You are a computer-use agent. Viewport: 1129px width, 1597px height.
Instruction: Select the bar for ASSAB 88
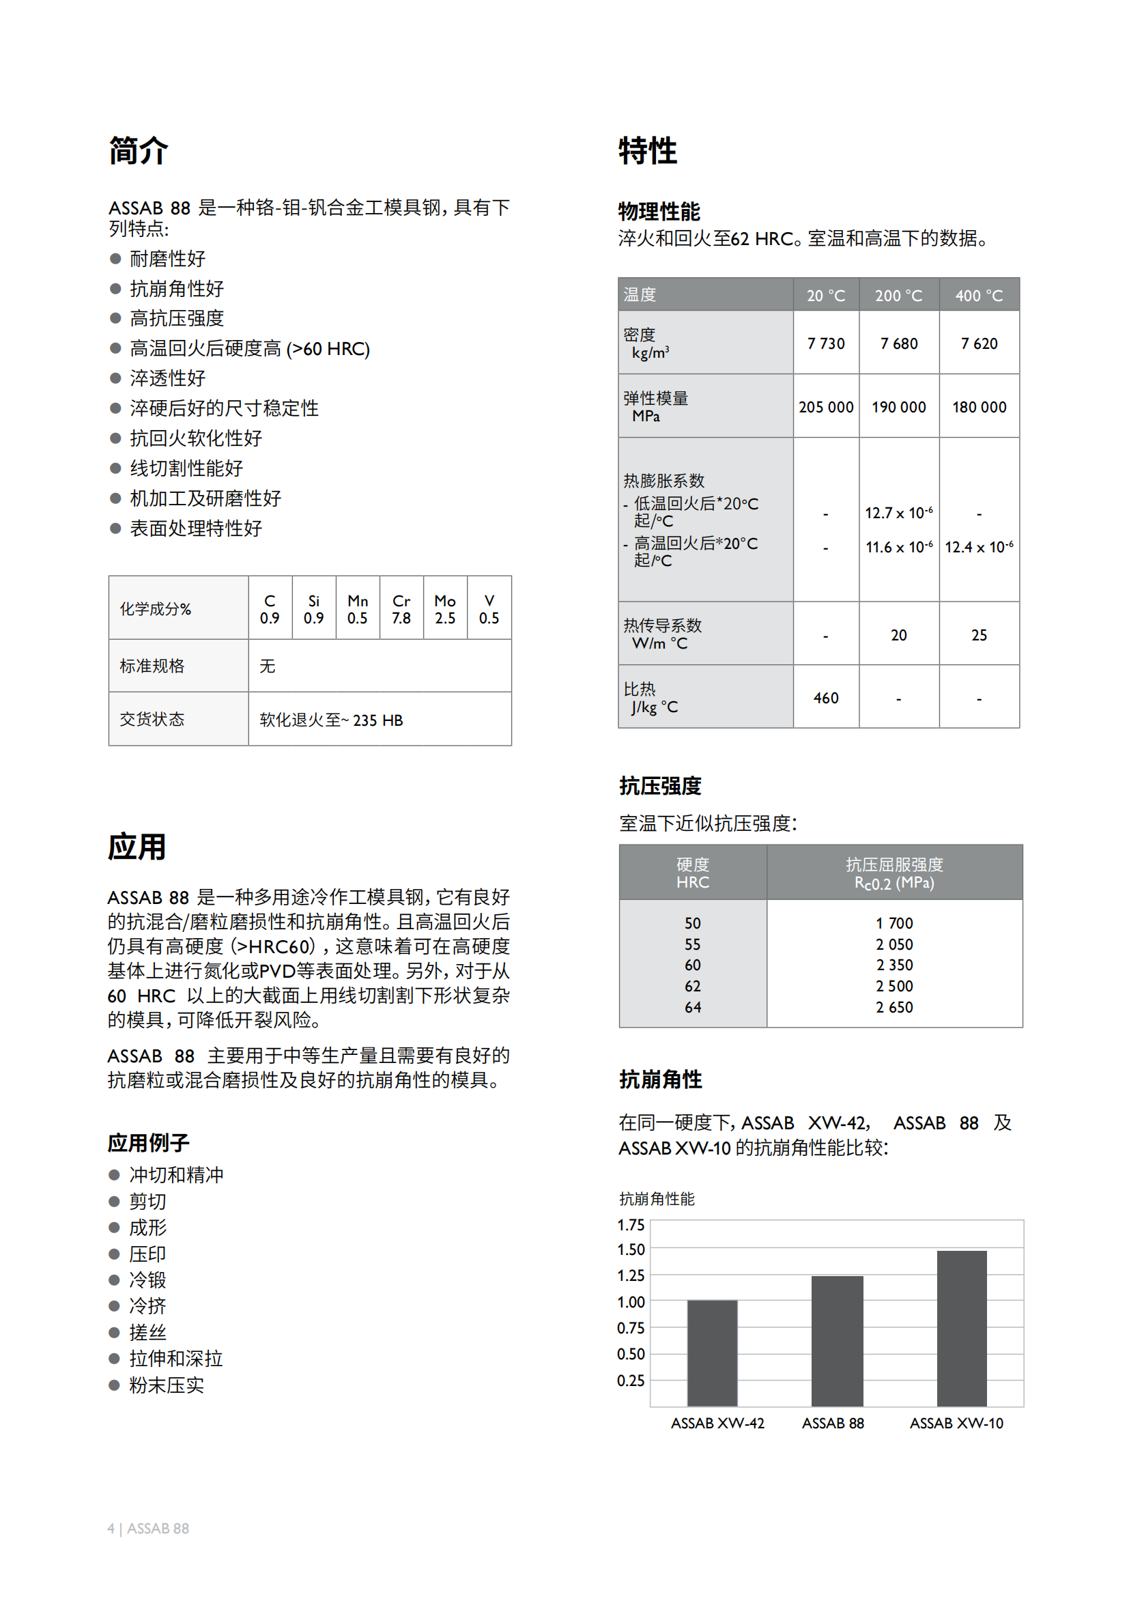pos(837,1340)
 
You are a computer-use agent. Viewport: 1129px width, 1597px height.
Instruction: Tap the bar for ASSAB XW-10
pos(962,1328)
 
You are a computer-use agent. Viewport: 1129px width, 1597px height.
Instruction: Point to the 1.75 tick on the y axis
pos(631,1225)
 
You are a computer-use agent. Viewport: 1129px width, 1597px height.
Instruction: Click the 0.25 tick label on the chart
pos(631,1381)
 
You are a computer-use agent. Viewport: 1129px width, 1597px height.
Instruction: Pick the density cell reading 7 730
pos(826,343)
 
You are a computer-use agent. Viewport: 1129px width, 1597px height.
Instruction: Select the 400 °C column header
pos(979,296)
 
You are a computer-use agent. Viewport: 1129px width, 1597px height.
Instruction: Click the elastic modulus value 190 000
pos(899,408)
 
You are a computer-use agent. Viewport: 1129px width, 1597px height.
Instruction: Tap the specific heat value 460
pos(826,698)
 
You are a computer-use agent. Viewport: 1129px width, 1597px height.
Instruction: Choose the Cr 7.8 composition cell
pos(401,609)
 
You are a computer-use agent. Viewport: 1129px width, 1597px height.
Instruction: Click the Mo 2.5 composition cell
pos(445,609)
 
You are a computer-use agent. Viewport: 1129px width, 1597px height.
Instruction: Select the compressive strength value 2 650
pos(894,1007)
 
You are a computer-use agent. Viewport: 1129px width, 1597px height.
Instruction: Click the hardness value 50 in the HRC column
pos(692,924)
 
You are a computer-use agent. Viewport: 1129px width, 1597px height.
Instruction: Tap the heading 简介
pos(139,151)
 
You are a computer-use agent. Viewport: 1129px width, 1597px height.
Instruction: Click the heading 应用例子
pos(148,1143)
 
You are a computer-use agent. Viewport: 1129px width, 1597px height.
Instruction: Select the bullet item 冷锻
pos(147,1280)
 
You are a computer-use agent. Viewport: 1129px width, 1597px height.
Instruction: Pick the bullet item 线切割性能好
pos(186,468)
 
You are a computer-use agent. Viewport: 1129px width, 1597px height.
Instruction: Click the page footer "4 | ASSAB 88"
pos(148,1528)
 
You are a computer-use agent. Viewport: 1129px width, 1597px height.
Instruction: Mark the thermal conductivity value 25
pos(979,635)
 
